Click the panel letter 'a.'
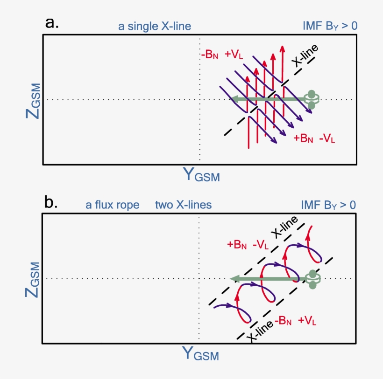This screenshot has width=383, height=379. pos(52,23)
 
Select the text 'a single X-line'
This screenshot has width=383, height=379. pos(155,26)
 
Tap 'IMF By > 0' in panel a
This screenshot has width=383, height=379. pos(330,26)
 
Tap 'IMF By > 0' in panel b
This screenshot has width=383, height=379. pos(329,205)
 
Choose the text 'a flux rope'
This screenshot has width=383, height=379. pos(113,205)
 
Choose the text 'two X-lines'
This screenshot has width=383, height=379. pos(184,205)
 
